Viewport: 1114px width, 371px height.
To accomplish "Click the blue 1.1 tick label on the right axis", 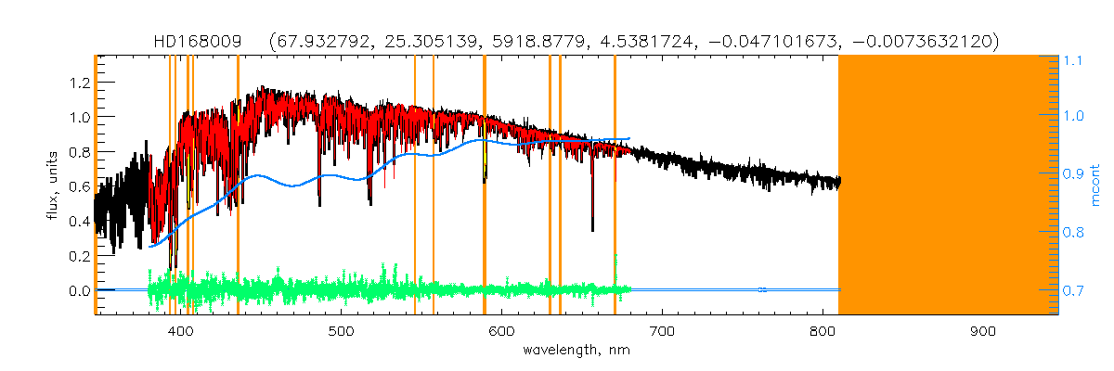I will tap(1074, 60).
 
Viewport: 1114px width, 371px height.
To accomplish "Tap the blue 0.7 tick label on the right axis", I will tap(1074, 291).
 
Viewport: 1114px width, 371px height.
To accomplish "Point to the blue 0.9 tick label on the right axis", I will tap(1074, 175).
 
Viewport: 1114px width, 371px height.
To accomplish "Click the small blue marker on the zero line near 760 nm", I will tap(761, 290).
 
